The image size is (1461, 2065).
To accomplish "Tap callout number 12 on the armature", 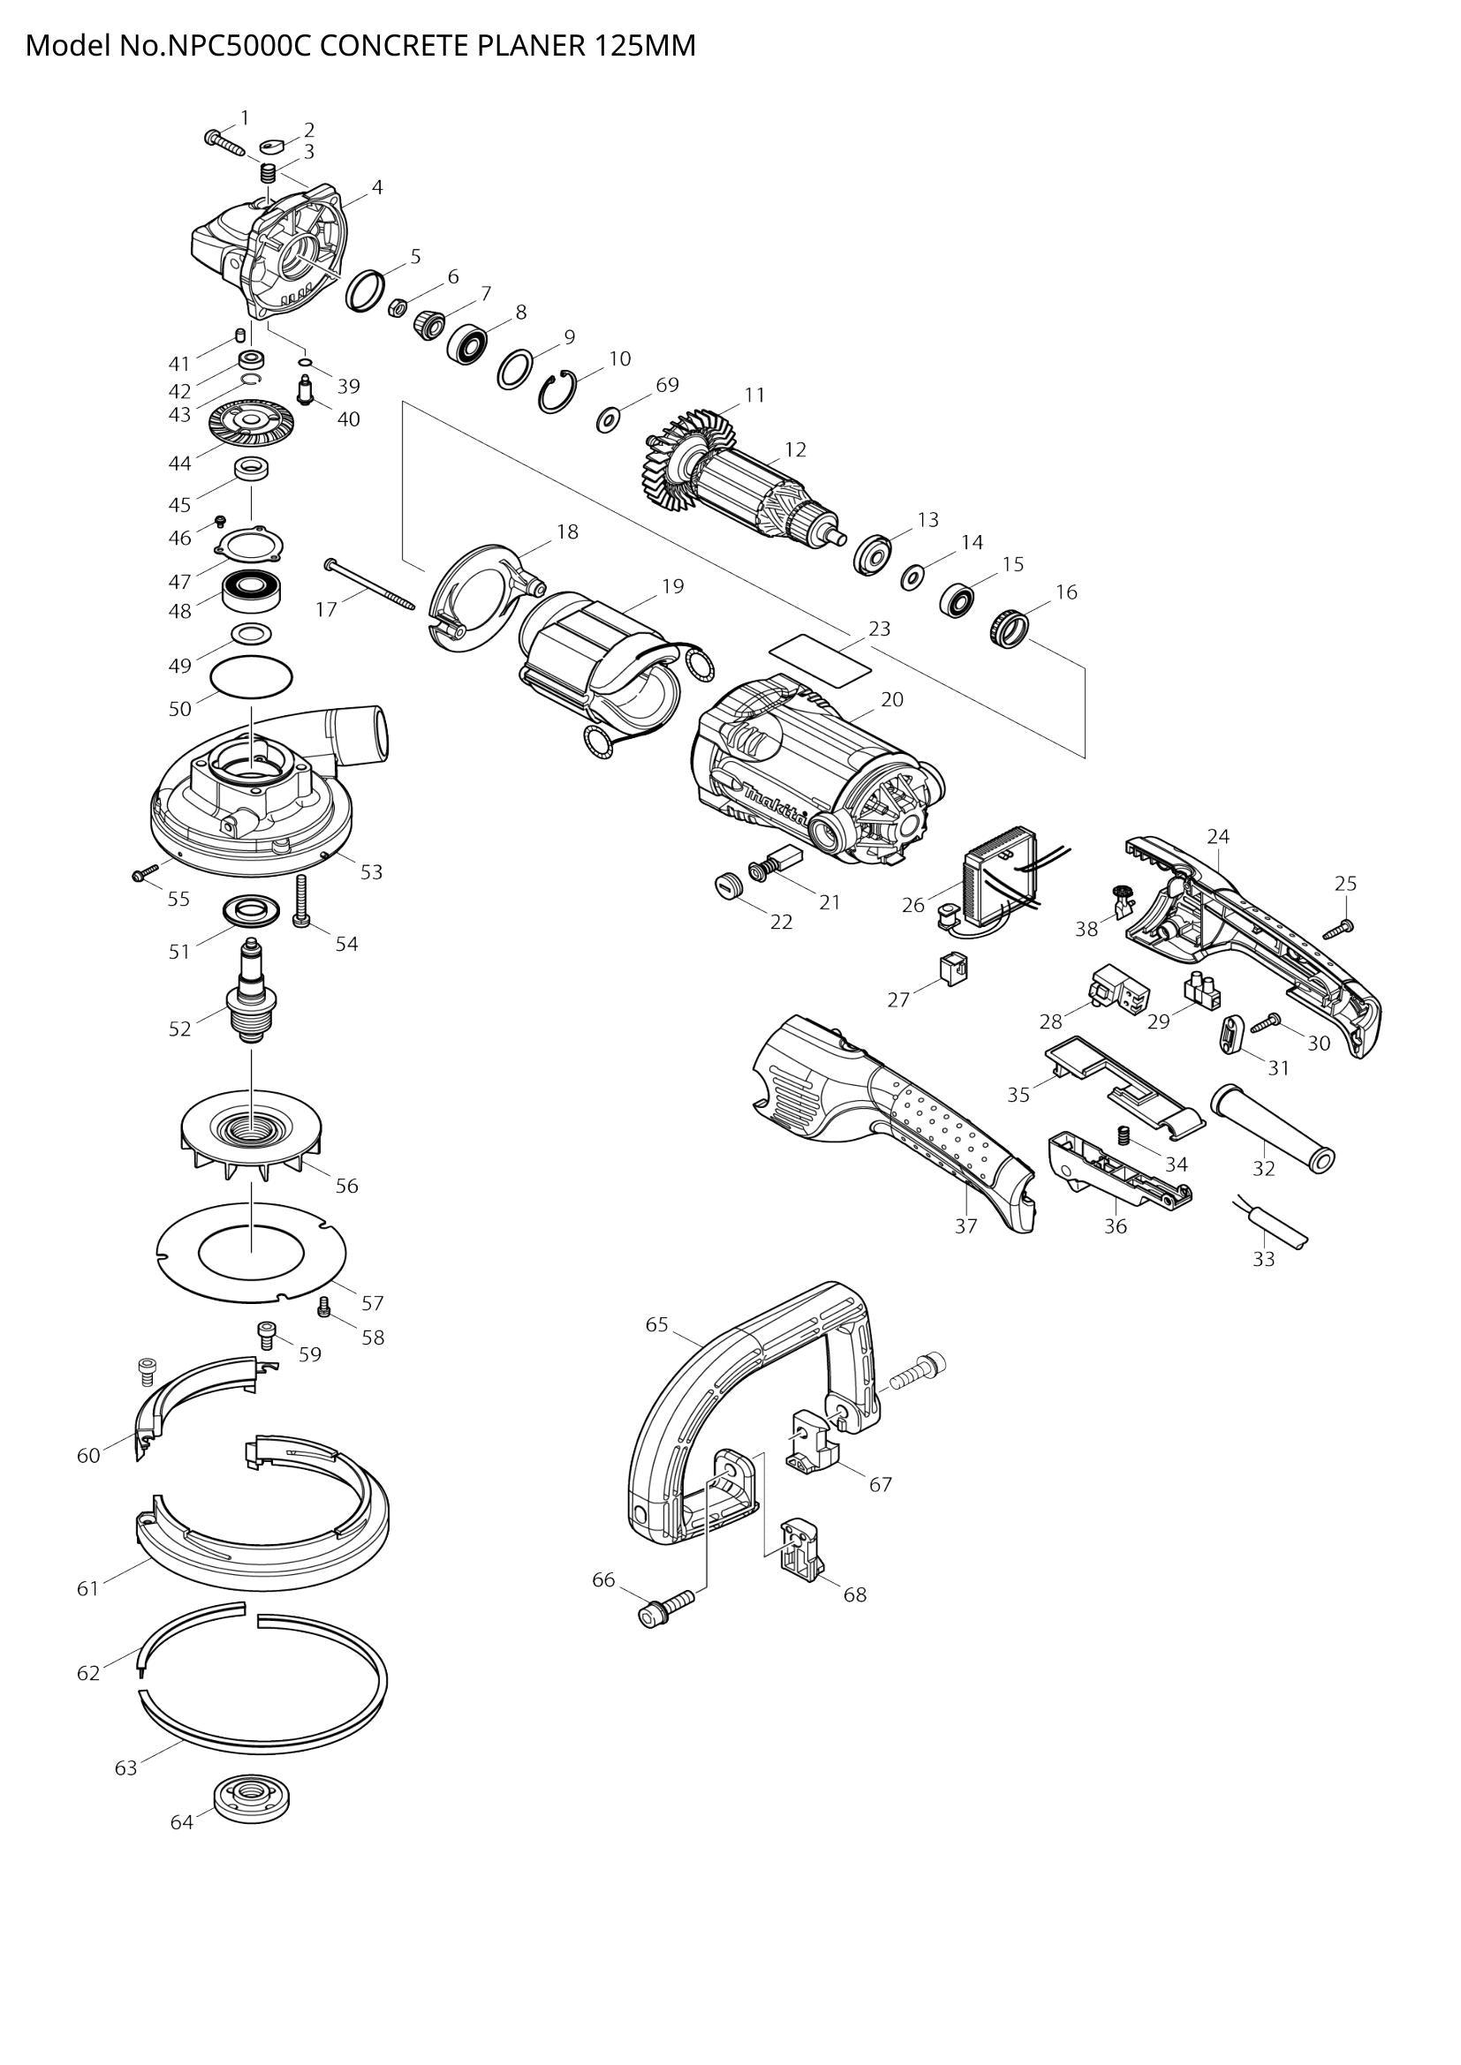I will (x=794, y=448).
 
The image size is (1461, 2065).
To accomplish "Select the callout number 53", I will (x=372, y=871).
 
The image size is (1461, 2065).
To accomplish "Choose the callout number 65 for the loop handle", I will (x=656, y=1325).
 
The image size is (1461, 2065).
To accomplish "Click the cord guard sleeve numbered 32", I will (x=1272, y=1126).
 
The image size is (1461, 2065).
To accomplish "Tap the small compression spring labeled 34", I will (x=1123, y=1135).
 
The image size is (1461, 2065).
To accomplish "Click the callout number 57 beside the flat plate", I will (x=373, y=1302).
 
